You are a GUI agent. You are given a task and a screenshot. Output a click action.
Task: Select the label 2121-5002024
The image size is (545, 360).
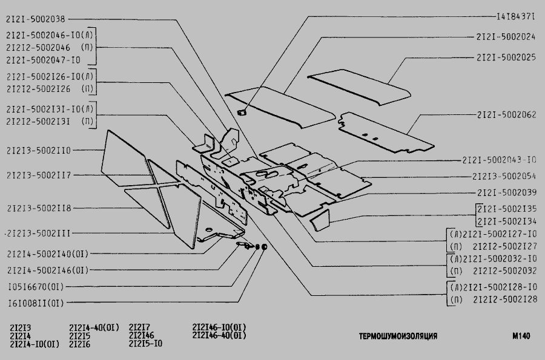pos(506,36)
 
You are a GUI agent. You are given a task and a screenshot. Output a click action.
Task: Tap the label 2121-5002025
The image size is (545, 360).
pos(506,57)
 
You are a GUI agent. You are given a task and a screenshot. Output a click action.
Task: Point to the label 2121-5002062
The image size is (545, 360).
pos(506,114)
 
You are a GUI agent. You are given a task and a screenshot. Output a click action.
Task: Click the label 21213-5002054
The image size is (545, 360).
pos(504,176)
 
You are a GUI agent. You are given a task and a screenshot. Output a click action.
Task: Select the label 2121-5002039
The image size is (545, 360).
pos(506,192)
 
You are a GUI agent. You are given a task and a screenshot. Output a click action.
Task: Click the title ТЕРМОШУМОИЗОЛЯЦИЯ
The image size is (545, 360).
pos(398,336)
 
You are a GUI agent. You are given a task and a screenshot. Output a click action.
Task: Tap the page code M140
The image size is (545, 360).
pos(520,336)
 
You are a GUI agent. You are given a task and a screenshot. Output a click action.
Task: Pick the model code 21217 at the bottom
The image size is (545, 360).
pos(140,328)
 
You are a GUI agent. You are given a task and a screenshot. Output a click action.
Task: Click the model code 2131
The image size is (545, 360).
pos(21,328)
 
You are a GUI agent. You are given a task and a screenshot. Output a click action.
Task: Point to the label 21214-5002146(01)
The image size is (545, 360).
pos(48,270)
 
